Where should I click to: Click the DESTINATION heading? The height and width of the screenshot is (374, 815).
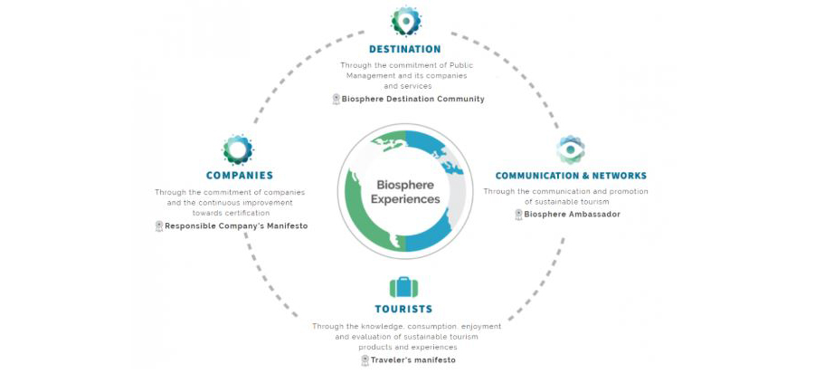tap(405, 50)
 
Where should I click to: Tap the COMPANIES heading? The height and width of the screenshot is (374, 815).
tap(240, 176)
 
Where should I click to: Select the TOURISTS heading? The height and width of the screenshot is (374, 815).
tap(403, 309)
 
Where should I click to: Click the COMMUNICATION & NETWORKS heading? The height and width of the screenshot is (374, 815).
tap(571, 176)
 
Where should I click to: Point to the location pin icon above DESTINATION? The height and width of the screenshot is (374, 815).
tap(405, 21)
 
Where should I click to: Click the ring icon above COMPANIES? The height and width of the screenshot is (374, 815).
tap(238, 149)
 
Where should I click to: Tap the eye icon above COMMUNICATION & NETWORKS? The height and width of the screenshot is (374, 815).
tap(570, 149)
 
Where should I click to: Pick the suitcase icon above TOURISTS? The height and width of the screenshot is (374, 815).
tap(403, 286)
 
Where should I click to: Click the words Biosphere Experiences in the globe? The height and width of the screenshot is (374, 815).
tap(405, 191)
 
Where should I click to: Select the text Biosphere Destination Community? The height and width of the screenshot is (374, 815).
tap(412, 99)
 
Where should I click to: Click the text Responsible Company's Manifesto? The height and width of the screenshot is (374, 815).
tap(236, 225)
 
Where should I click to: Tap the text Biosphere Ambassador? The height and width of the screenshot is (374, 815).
tap(572, 214)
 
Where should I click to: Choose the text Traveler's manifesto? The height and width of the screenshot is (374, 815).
tap(412, 360)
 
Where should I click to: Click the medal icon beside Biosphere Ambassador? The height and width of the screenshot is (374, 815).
tap(518, 215)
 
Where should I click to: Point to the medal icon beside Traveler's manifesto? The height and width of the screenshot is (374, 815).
tap(365, 360)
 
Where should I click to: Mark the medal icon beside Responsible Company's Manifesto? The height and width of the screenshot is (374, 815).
tap(159, 226)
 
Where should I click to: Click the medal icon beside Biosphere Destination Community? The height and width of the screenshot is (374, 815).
tap(336, 100)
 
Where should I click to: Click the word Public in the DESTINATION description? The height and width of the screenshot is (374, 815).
tap(461, 65)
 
